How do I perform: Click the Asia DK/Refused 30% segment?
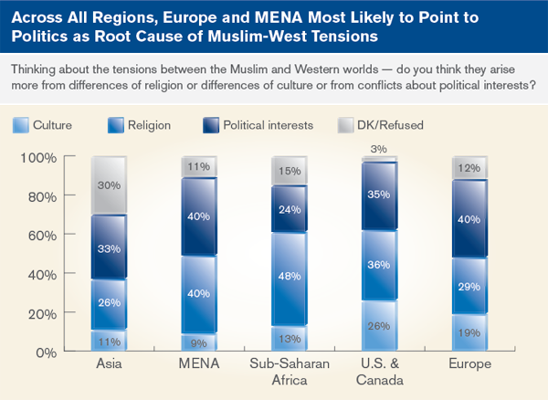point(108,186)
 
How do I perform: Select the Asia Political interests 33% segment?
point(108,247)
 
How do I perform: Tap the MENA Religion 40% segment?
point(199,294)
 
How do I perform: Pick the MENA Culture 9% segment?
point(199,342)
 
